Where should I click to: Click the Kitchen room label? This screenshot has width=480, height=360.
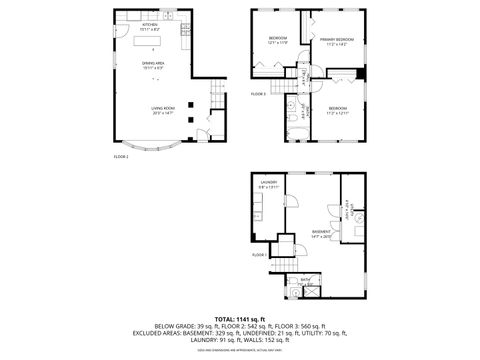coord(150,27)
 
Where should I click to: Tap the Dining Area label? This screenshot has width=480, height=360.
coord(153,65)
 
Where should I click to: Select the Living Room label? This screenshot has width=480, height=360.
coord(162,112)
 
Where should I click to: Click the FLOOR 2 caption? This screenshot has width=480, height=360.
coord(121,156)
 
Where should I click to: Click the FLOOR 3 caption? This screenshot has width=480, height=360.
coord(258,94)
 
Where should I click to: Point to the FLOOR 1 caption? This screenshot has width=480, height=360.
coord(258,254)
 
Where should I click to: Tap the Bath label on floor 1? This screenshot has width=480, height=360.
coord(306,280)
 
